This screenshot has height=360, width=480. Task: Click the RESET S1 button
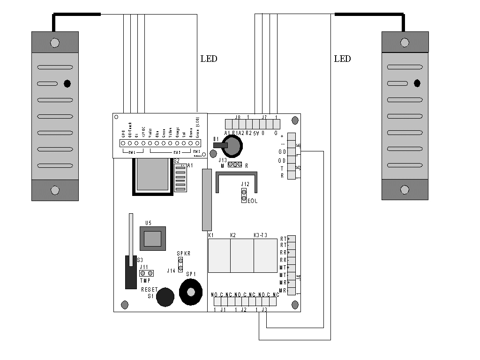(x=165, y=297)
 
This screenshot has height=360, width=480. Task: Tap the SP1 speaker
(x=190, y=292)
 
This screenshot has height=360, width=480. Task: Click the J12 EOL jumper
(x=244, y=195)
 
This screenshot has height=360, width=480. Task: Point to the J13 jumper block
(x=235, y=165)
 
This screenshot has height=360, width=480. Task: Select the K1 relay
(x=219, y=255)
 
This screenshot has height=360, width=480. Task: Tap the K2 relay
(x=242, y=255)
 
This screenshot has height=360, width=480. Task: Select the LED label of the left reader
(x=209, y=59)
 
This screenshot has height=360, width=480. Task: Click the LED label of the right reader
(x=342, y=59)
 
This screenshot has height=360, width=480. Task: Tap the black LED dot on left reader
(x=67, y=83)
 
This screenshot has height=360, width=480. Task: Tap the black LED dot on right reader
(x=417, y=83)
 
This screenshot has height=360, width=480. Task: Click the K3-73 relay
(x=266, y=255)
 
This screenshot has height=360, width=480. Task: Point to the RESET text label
(x=150, y=290)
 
